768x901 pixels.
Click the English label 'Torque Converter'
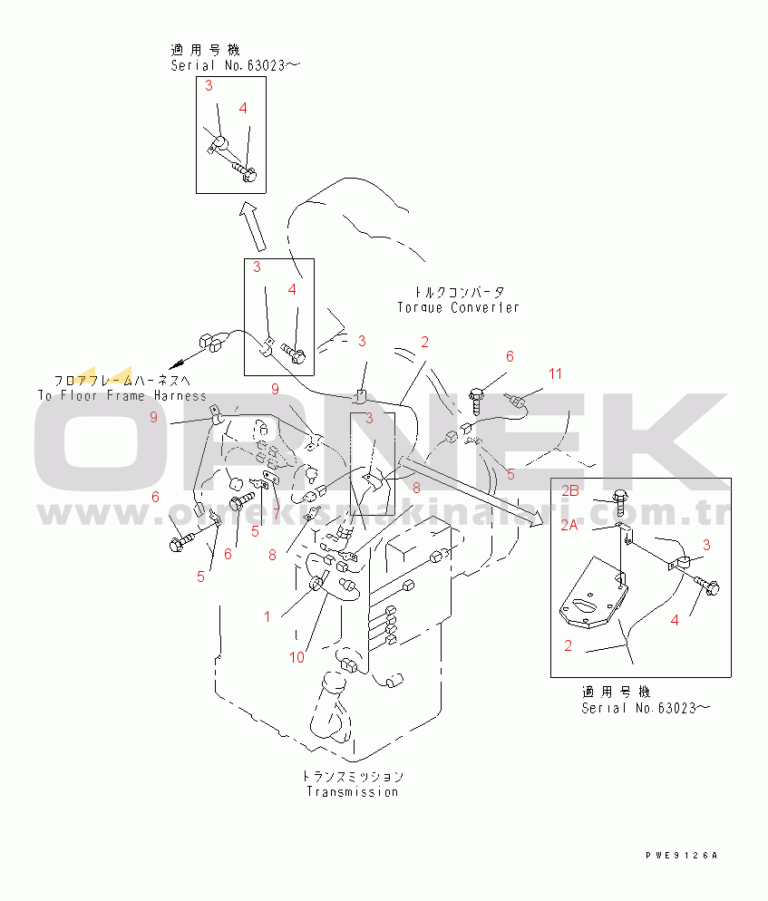[x=459, y=307]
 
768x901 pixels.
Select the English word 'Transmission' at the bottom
[x=352, y=791]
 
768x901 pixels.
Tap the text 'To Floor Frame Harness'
[x=122, y=395]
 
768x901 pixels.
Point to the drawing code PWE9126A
[x=681, y=856]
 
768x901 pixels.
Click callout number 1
[x=267, y=616]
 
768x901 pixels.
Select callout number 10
[x=297, y=657]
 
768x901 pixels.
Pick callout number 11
[x=555, y=373]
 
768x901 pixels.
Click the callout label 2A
[x=570, y=525]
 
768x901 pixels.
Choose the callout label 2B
[x=570, y=490]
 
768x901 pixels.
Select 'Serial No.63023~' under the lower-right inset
[x=640, y=708]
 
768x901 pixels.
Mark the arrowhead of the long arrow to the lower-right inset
[x=534, y=518]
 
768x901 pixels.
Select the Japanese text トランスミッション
[x=353, y=777]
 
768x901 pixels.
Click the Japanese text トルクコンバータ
[x=459, y=292]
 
